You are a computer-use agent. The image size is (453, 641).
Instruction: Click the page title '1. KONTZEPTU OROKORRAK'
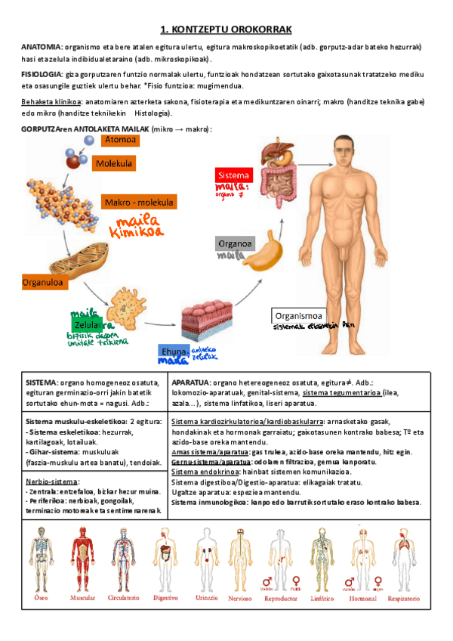click(x=226, y=29)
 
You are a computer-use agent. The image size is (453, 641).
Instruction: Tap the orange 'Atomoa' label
click(x=120, y=140)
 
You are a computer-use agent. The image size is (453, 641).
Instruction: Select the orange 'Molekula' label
click(x=114, y=163)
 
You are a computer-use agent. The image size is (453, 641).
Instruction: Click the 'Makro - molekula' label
click(x=138, y=203)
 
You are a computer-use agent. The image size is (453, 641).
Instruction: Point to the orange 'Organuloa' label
click(x=44, y=282)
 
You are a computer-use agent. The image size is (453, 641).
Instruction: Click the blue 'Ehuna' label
click(x=173, y=352)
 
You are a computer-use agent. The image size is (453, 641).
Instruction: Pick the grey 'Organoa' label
click(x=234, y=244)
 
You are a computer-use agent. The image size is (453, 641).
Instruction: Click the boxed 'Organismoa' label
click(x=299, y=315)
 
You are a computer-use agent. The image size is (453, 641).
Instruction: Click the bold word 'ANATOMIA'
click(x=41, y=47)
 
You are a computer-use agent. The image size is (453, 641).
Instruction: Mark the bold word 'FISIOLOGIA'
click(x=42, y=76)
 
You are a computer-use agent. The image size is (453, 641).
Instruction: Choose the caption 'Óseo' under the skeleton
click(x=41, y=597)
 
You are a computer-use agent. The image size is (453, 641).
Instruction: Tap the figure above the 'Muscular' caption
click(x=82, y=558)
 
